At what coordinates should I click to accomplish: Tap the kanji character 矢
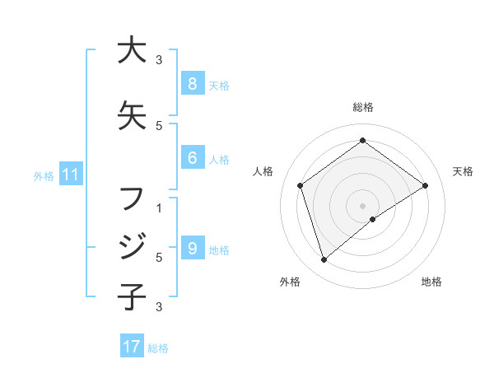(132, 114)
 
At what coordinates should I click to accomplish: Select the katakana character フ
(132, 198)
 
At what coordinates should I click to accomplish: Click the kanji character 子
(132, 296)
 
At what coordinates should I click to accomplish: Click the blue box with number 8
(192, 83)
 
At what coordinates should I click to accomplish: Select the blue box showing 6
(192, 158)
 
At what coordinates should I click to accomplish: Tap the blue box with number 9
(192, 249)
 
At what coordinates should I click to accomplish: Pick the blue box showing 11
(70, 175)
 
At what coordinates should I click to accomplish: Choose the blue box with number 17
(132, 347)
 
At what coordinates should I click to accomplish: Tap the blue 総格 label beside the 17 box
(158, 347)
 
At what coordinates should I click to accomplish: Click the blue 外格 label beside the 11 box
(44, 175)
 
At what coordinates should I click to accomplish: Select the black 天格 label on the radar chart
(463, 171)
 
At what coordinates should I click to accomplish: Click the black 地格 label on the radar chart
(431, 282)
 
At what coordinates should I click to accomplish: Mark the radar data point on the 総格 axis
(362, 141)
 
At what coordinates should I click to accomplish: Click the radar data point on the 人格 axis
(301, 185)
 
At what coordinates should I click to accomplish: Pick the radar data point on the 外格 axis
(324, 260)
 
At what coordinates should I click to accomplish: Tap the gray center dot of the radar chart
(362, 205)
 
